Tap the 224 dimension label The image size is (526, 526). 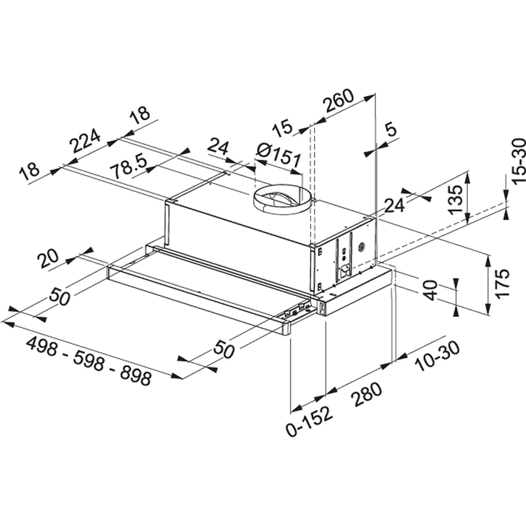click(86, 143)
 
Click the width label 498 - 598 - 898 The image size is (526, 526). click(89, 361)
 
